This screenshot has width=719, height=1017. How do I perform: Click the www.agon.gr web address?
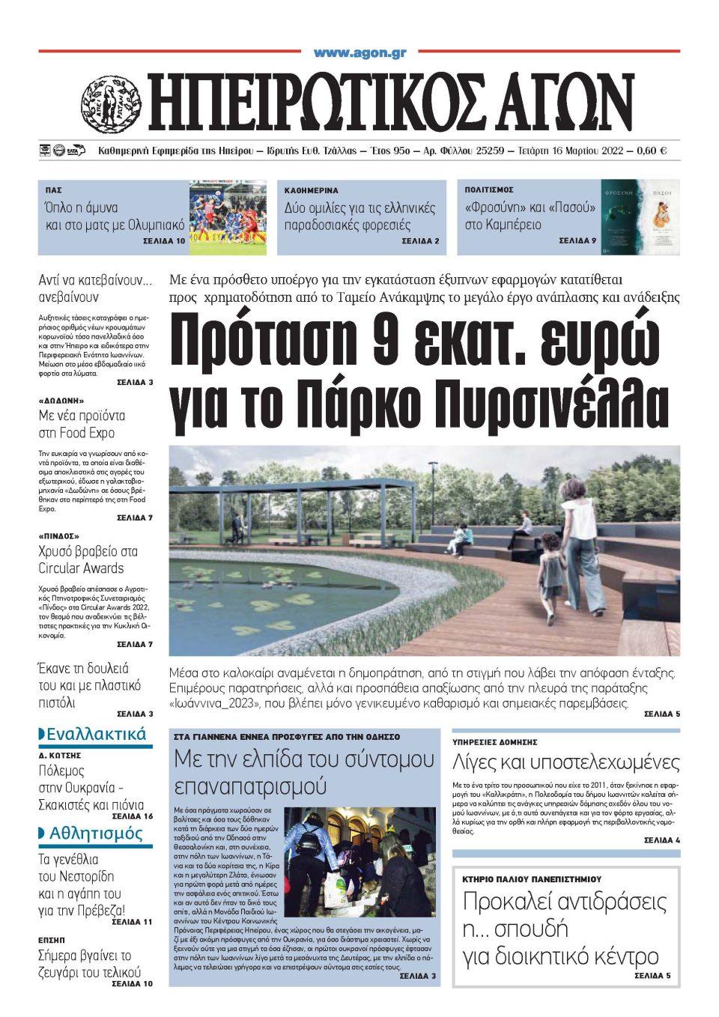(x=359, y=52)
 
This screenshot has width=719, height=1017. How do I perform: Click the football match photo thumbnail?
(x=227, y=217)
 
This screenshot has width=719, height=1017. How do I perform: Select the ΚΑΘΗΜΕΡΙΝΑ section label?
(x=311, y=190)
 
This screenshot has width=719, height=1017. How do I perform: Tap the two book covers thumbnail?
(x=640, y=217)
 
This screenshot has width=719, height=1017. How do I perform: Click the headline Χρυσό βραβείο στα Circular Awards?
(x=88, y=559)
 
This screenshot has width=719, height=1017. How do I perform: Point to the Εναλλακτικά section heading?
(x=95, y=734)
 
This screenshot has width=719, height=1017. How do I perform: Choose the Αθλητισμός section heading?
(x=95, y=834)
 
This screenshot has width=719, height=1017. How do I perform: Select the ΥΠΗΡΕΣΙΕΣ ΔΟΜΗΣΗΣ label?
(x=494, y=741)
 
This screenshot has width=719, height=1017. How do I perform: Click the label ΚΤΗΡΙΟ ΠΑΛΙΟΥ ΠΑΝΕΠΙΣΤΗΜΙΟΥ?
(x=532, y=879)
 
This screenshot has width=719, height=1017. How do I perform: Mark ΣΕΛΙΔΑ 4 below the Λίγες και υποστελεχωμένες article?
(x=661, y=840)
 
